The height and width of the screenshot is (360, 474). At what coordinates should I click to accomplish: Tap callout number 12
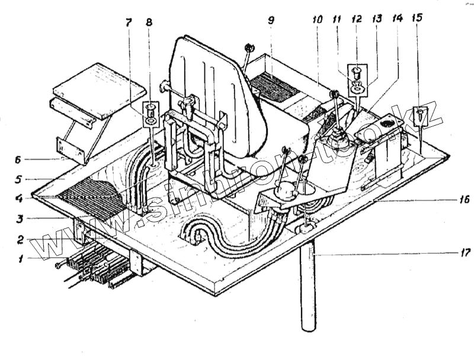point(357,18)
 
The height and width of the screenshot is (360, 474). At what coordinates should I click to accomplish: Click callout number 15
point(418,18)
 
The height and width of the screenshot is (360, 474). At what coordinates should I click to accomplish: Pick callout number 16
point(463,199)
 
